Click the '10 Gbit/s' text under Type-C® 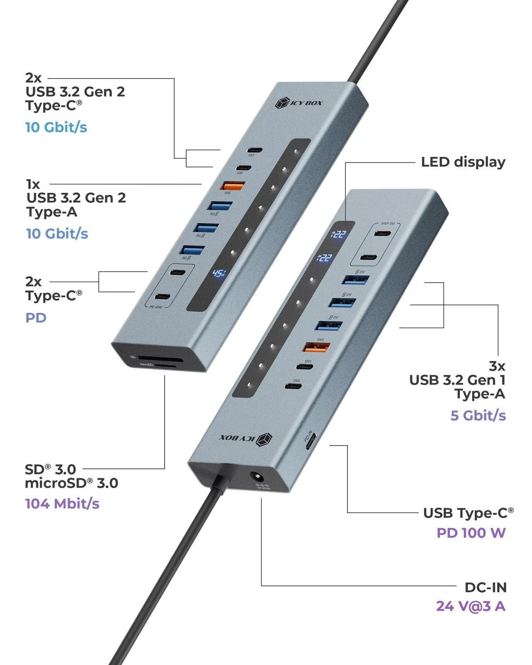tap(56, 127)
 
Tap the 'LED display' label tap(463, 162)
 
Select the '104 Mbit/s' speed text tap(62, 504)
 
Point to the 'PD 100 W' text tap(471, 533)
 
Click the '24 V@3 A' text tap(470, 606)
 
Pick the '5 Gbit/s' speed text tap(478, 415)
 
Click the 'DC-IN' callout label tap(485, 587)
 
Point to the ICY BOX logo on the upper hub tap(299, 103)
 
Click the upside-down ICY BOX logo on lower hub tap(246, 438)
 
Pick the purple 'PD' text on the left tap(36, 318)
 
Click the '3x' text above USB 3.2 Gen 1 tap(497, 366)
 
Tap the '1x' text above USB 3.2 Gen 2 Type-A tap(33, 184)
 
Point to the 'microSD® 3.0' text tap(71, 483)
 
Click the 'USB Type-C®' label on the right tap(468, 513)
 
